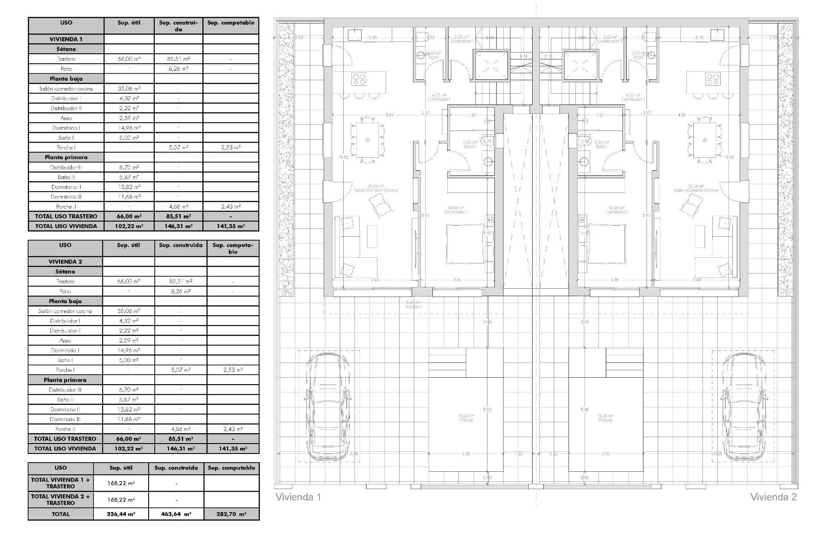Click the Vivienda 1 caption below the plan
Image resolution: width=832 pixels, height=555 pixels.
(298, 497)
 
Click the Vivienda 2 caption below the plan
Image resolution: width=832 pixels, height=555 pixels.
(773, 497)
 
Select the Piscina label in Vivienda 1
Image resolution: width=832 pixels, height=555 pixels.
(466, 420)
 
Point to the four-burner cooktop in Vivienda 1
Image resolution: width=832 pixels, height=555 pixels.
(359, 79)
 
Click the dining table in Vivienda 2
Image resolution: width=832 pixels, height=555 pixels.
(705, 140)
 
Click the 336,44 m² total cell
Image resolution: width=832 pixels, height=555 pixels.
(121, 514)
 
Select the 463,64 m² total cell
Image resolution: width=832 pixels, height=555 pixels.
(176, 514)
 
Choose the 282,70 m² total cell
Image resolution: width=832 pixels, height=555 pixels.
(231, 514)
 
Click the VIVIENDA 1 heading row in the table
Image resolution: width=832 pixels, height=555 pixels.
(66, 39)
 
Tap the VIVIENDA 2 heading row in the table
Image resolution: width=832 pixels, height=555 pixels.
(65, 261)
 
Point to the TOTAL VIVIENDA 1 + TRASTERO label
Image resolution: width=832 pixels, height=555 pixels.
(61, 483)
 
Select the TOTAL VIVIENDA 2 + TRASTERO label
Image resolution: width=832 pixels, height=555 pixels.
(61, 499)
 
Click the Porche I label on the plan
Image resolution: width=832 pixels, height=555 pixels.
(414, 304)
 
